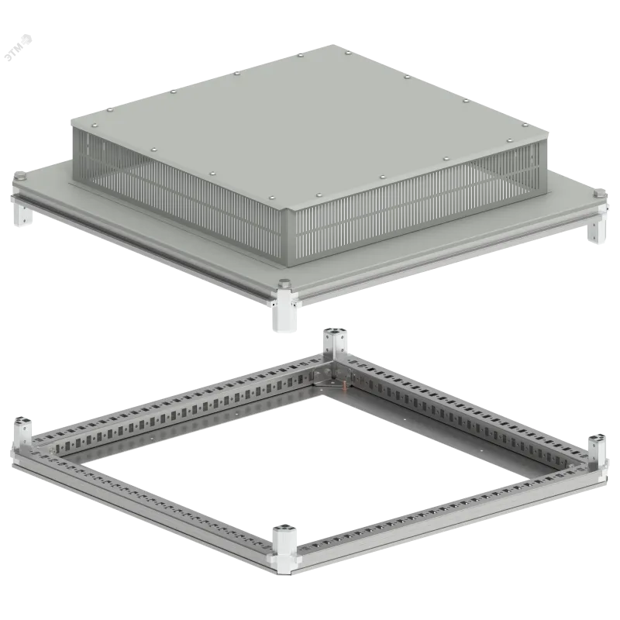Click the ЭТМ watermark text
click(19, 48)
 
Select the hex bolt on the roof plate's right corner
click(600, 193)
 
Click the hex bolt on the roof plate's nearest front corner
click(284, 283)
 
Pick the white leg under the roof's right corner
click(597, 229)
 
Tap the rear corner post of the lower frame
click(335, 343)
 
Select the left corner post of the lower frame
click(22, 433)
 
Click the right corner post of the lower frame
click(597, 451)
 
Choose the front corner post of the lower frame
click(284, 545)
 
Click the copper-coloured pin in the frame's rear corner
click(343, 382)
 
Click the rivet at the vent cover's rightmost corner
click(525, 125)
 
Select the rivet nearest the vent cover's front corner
click(271, 198)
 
